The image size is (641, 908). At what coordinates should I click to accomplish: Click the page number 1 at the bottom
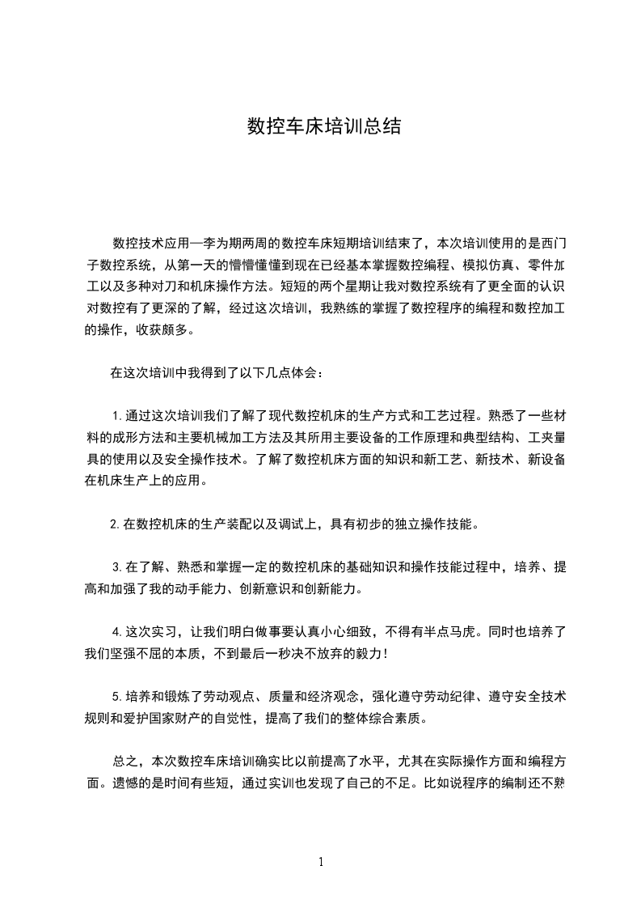coord(321,862)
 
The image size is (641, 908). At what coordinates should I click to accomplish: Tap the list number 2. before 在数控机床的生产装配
coord(115,524)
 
